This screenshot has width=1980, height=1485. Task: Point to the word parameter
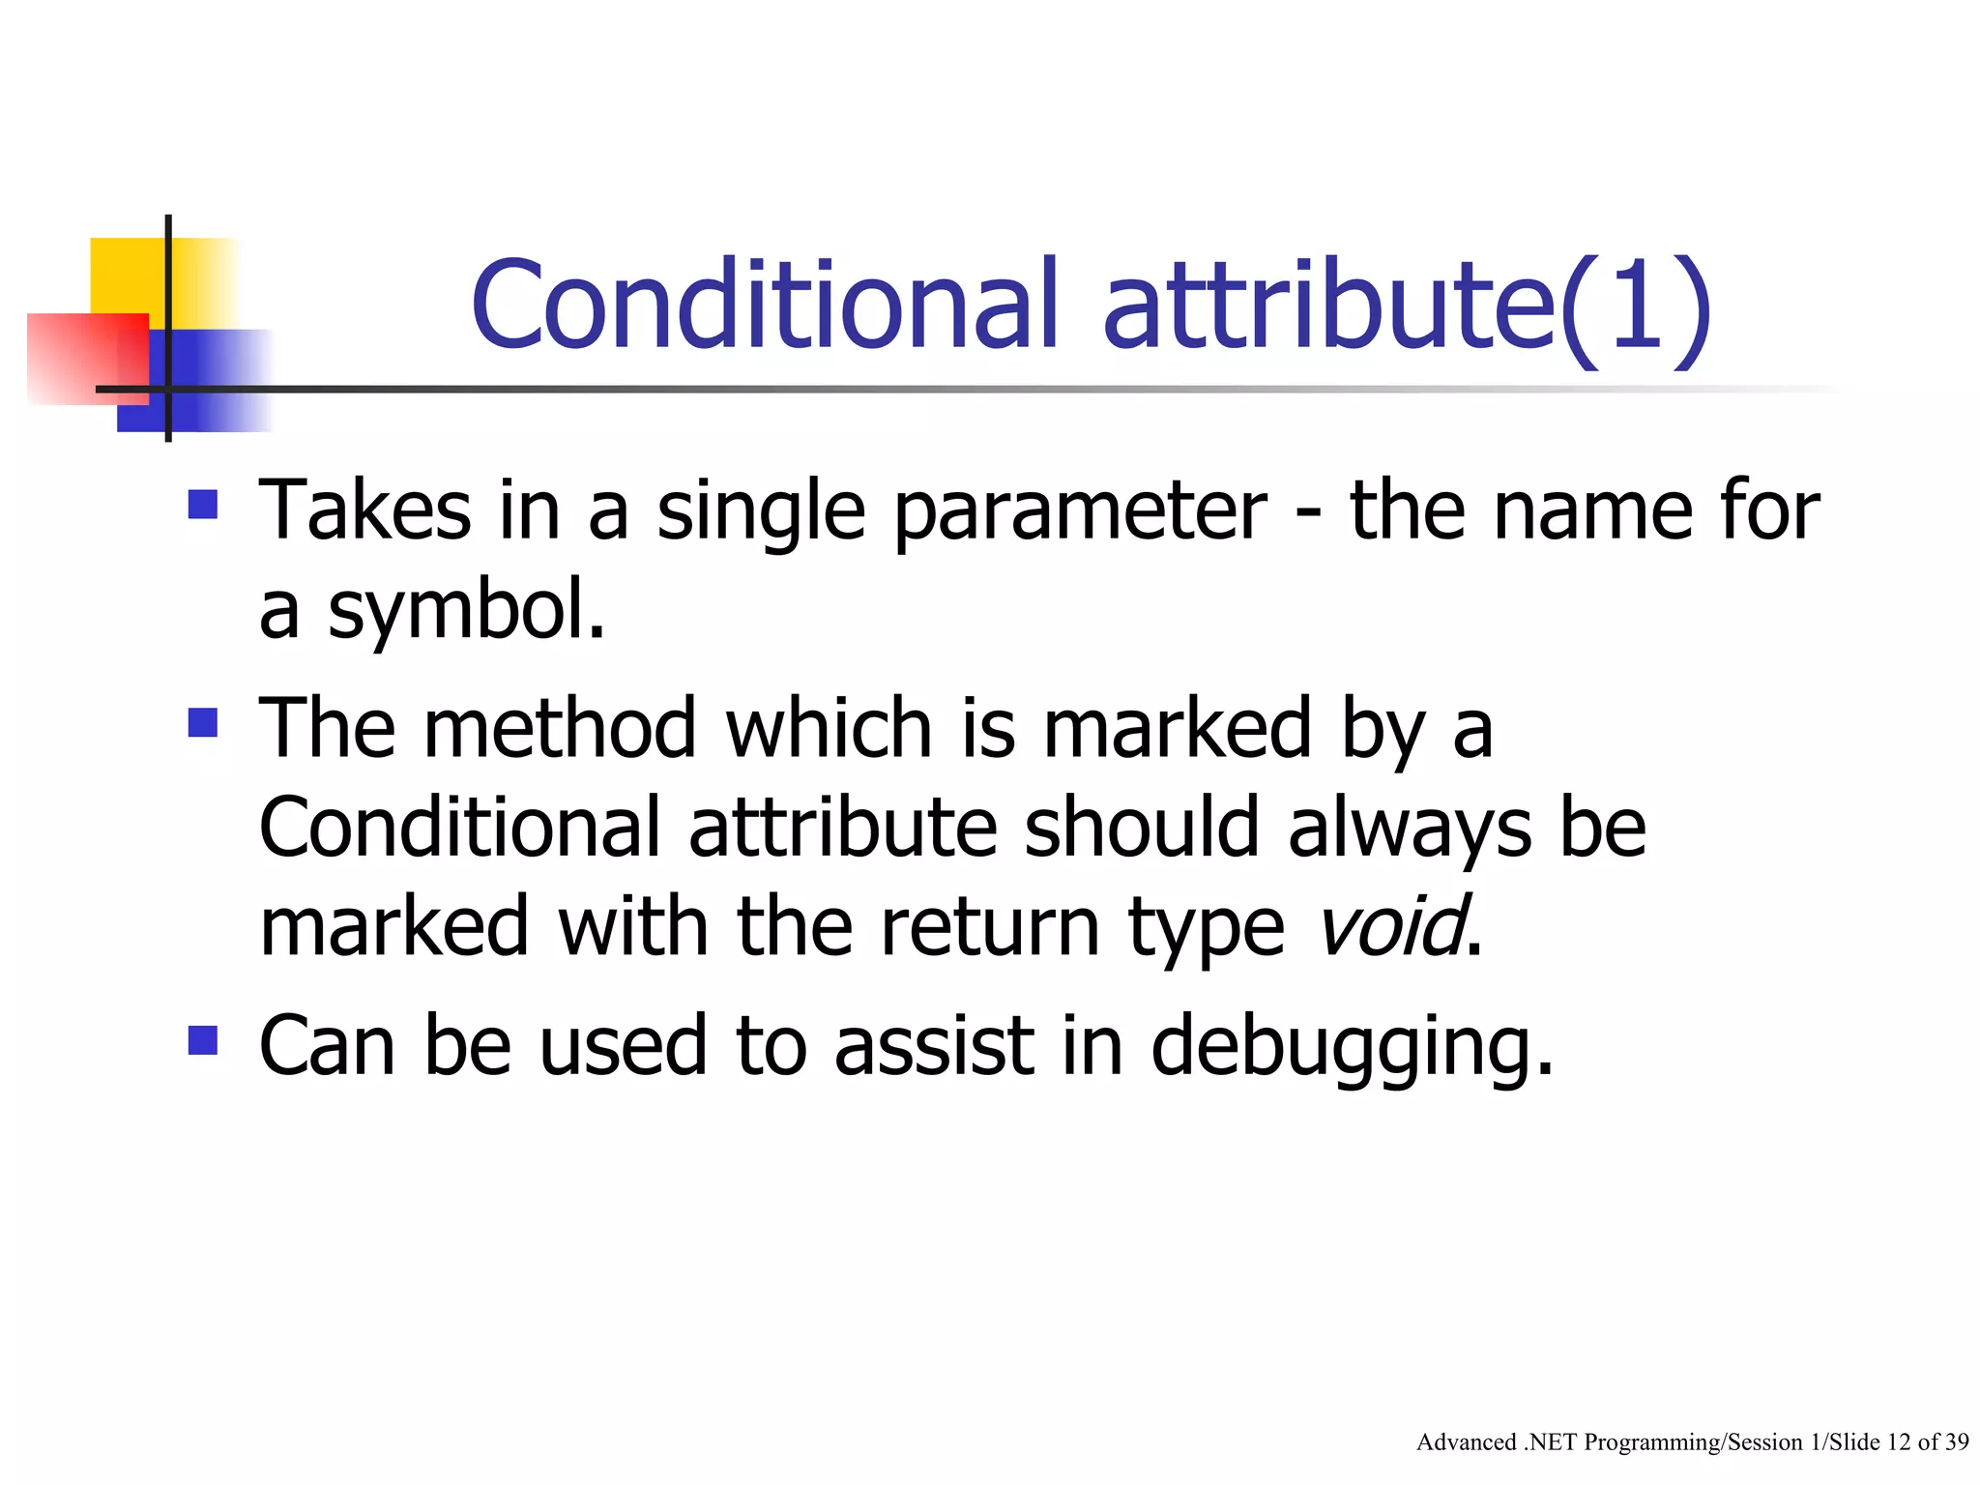point(1079,513)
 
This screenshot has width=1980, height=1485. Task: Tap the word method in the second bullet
point(560,728)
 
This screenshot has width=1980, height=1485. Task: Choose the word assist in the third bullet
point(934,1046)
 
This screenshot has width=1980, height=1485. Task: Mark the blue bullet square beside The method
point(203,722)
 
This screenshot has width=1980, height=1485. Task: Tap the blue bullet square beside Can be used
point(203,1040)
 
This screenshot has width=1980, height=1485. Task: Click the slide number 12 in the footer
point(1899,1442)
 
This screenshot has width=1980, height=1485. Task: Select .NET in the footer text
point(1551,1442)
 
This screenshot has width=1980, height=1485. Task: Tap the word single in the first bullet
point(761,513)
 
